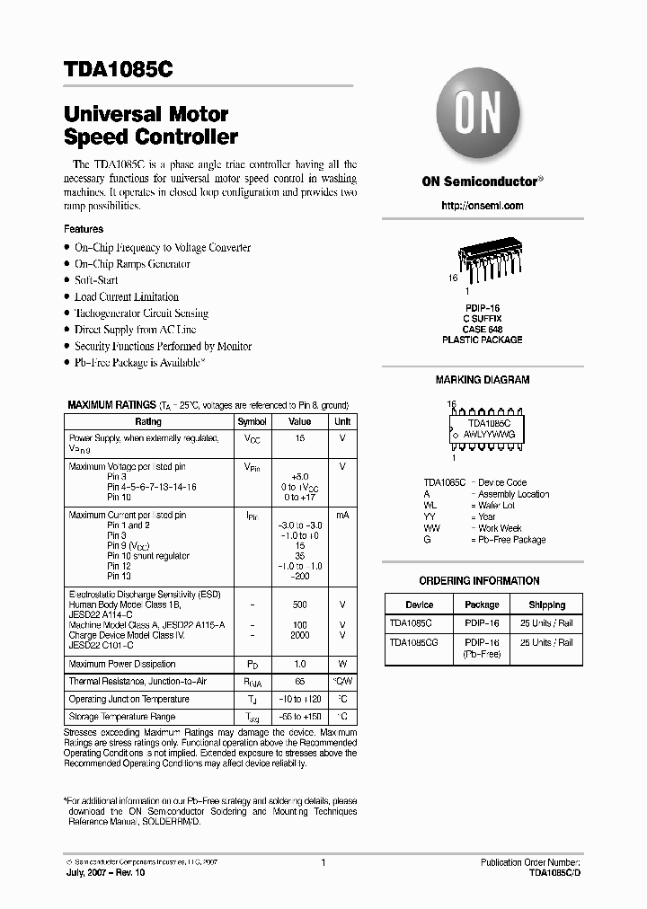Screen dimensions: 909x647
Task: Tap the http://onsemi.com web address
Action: pos(483,206)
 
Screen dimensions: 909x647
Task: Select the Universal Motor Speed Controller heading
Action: pos(151,126)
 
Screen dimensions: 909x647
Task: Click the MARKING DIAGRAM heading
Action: pos(483,380)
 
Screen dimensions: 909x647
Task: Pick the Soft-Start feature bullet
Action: pos(96,280)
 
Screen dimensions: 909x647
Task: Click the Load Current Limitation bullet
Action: pos(126,296)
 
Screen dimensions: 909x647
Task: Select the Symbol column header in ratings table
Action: pos(252,421)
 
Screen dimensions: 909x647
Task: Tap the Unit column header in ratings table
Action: pos(342,421)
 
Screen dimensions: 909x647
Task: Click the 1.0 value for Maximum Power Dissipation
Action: pos(299,665)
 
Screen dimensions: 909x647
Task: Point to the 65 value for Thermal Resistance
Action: pos(299,682)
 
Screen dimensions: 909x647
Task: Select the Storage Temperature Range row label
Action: pos(122,717)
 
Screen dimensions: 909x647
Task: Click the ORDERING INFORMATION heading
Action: pos(479,581)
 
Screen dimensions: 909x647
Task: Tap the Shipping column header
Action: pos(546,605)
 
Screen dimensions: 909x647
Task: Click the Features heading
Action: pos(84,229)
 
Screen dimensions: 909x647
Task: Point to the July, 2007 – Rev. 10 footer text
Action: pos(103,872)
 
